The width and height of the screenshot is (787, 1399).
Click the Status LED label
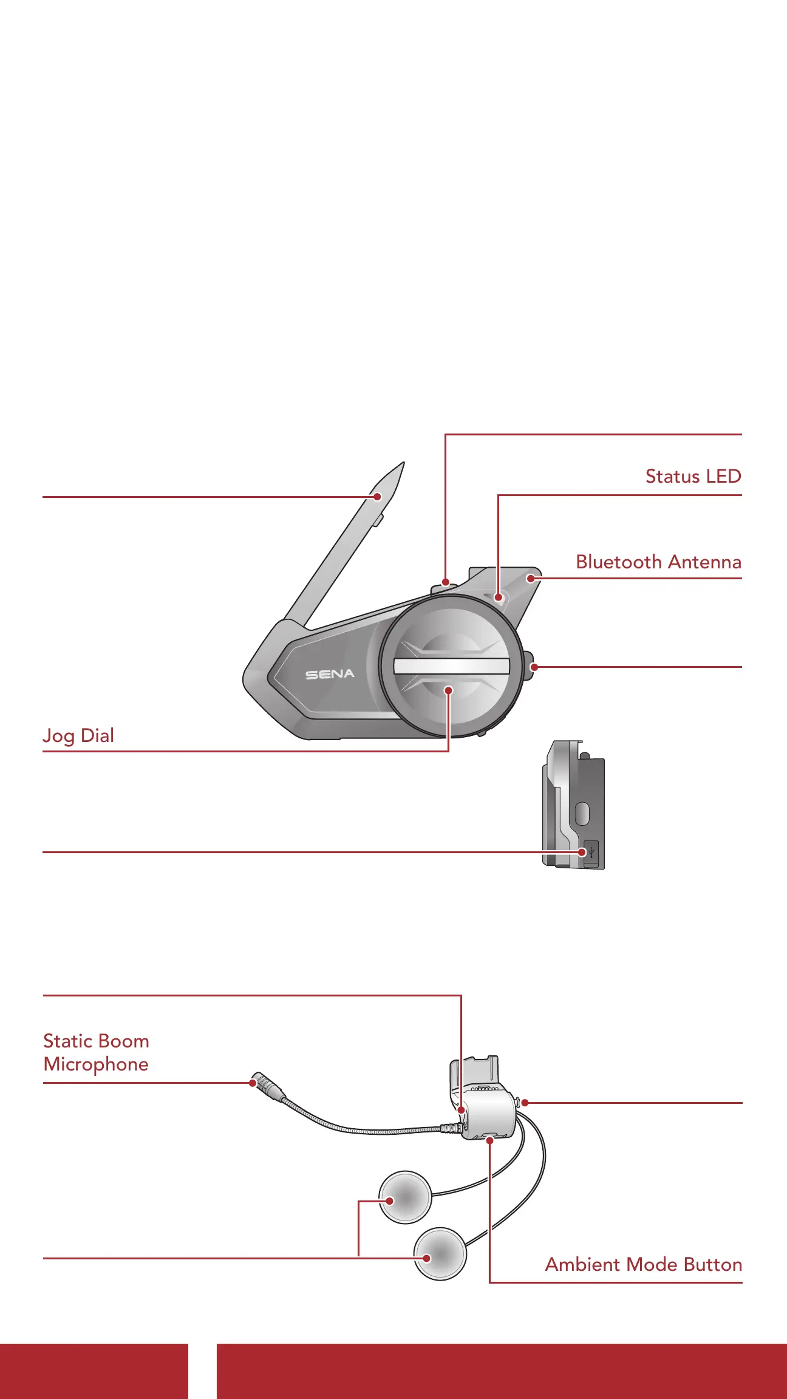(x=693, y=477)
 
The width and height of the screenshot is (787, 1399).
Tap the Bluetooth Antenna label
(x=658, y=562)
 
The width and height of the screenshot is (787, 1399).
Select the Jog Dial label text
(x=78, y=736)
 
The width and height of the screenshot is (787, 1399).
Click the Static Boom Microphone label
(x=96, y=1052)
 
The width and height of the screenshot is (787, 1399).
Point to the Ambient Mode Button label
(x=643, y=1264)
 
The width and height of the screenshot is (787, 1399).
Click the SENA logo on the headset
(x=330, y=674)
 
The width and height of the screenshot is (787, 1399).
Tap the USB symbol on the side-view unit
(x=591, y=852)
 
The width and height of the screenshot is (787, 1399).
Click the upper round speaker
(x=405, y=1197)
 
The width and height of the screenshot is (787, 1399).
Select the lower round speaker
(x=440, y=1254)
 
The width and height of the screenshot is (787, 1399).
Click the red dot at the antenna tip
(x=377, y=497)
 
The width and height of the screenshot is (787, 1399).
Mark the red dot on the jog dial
(x=448, y=690)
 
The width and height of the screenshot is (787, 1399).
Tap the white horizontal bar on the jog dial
(x=451, y=666)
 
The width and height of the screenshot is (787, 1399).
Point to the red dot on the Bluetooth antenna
(x=531, y=578)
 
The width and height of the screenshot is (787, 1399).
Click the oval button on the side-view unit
(x=582, y=814)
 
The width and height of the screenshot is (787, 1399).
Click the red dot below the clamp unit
(x=489, y=1141)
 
